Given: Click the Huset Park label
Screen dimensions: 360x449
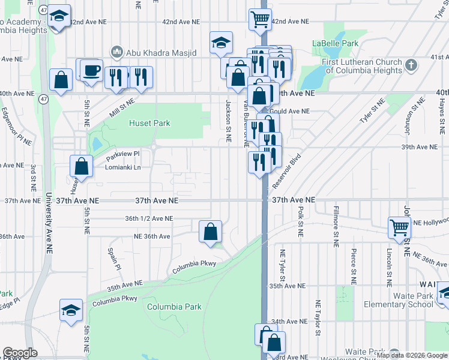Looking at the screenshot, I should tap(149, 123).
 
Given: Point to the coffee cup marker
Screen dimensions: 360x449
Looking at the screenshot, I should tap(91, 71).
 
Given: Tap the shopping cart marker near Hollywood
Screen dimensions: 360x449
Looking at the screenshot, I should tap(399, 227).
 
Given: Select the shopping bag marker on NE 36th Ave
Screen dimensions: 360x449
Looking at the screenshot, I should tap(211, 231).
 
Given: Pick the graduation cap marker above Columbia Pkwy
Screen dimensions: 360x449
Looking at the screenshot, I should tap(71, 310).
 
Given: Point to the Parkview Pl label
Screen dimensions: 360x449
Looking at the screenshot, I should tap(122, 154).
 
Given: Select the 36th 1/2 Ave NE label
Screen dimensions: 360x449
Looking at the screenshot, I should tap(149, 219).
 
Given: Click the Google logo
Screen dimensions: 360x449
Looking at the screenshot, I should tap(20, 353).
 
